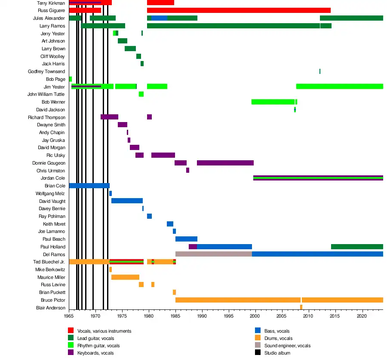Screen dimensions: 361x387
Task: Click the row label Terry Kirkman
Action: (x=51, y=3)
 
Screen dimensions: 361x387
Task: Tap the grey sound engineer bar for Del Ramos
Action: (x=213, y=254)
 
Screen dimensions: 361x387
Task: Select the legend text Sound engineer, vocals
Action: (x=287, y=346)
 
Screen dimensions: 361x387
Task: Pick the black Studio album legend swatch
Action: (x=258, y=353)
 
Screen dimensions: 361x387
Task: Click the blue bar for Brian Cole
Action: (x=89, y=186)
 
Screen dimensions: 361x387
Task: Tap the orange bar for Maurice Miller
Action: (x=125, y=277)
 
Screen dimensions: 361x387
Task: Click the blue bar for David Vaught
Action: (x=127, y=201)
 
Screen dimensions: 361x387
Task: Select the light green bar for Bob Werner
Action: (x=273, y=102)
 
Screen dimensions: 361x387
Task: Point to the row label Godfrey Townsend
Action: (x=46, y=71)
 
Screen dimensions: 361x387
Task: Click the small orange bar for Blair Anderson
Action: (x=301, y=307)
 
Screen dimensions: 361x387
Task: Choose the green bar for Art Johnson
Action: (x=123, y=41)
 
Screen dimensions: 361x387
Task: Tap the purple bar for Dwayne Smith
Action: (x=123, y=125)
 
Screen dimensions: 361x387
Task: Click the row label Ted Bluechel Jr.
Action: (x=49, y=262)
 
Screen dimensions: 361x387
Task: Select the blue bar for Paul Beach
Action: (x=186, y=239)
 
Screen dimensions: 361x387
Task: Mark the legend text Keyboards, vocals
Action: (x=95, y=353)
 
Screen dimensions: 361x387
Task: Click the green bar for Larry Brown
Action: (x=130, y=49)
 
